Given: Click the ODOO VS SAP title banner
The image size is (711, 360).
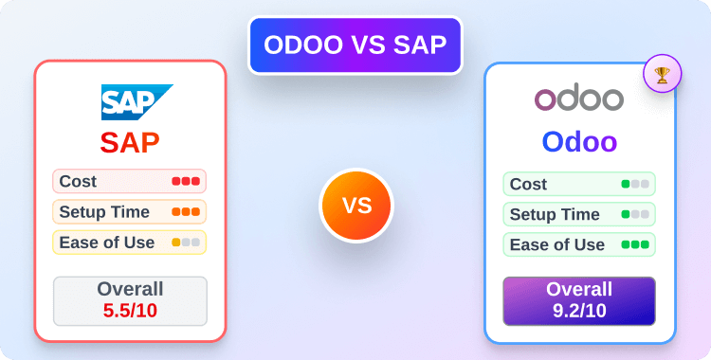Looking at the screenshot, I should (x=355, y=45).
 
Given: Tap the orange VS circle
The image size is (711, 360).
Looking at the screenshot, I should (x=355, y=206).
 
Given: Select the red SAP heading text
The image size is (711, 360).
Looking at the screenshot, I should (x=130, y=143).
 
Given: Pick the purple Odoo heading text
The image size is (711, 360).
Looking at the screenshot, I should (x=579, y=142).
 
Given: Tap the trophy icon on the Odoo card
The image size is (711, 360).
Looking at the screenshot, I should (x=661, y=75).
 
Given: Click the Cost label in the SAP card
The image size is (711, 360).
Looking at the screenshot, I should (x=78, y=181).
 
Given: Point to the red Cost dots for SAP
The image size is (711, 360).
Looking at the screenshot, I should (x=186, y=181).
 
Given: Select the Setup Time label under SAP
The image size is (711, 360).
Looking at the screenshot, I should (x=102, y=211).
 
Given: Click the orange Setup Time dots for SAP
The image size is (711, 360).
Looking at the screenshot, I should (x=186, y=211).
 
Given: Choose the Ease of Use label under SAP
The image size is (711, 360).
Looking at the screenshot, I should (x=106, y=243).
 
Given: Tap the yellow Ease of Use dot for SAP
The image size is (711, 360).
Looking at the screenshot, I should (x=176, y=243).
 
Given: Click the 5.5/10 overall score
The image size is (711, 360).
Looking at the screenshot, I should (x=130, y=308).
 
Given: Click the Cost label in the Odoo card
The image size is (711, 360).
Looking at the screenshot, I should (x=528, y=184).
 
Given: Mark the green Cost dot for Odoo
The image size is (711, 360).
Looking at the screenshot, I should (x=626, y=184).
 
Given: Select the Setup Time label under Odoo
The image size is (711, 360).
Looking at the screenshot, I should (x=555, y=214).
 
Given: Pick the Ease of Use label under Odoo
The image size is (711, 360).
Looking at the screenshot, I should (x=557, y=244).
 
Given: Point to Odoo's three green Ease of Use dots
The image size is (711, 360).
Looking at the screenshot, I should (x=635, y=244).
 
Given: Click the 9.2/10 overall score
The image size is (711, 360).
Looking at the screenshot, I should (x=579, y=309).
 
